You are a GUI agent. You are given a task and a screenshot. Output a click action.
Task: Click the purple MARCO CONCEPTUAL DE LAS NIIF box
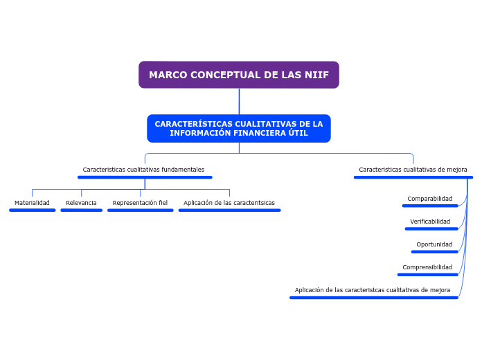click(239, 75)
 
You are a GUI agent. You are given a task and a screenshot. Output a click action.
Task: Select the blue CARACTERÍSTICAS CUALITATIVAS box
click(239, 128)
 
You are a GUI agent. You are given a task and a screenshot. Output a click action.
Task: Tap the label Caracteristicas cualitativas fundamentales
click(143, 170)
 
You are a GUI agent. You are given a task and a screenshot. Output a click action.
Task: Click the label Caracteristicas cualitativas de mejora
click(413, 170)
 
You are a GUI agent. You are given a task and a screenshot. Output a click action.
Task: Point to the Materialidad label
click(32, 203)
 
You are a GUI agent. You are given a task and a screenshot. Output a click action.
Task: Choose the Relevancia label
click(81, 203)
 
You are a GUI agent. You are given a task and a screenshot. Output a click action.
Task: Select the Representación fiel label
click(140, 203)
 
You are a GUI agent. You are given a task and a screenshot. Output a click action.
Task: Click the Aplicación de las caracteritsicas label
click(229, 203)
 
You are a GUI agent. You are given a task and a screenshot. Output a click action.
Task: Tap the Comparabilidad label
click(429, 199)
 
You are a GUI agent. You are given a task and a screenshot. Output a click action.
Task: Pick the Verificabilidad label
click(430, 222)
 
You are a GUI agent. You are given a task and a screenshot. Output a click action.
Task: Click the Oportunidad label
click(434, 244)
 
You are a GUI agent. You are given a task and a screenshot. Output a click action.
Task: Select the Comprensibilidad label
click(427, 267)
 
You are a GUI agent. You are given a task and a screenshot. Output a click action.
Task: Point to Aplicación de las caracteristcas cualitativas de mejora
click(373, 290)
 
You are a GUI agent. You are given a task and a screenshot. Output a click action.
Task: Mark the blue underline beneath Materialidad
click(32, 210)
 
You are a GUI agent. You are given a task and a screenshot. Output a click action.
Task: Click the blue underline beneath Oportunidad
click(434, 251)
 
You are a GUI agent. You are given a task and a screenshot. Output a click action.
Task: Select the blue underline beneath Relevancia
click(81, 210)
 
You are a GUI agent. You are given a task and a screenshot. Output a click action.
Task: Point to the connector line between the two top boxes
click(239, 101)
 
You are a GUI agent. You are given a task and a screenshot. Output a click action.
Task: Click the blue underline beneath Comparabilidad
click(429, 206)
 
